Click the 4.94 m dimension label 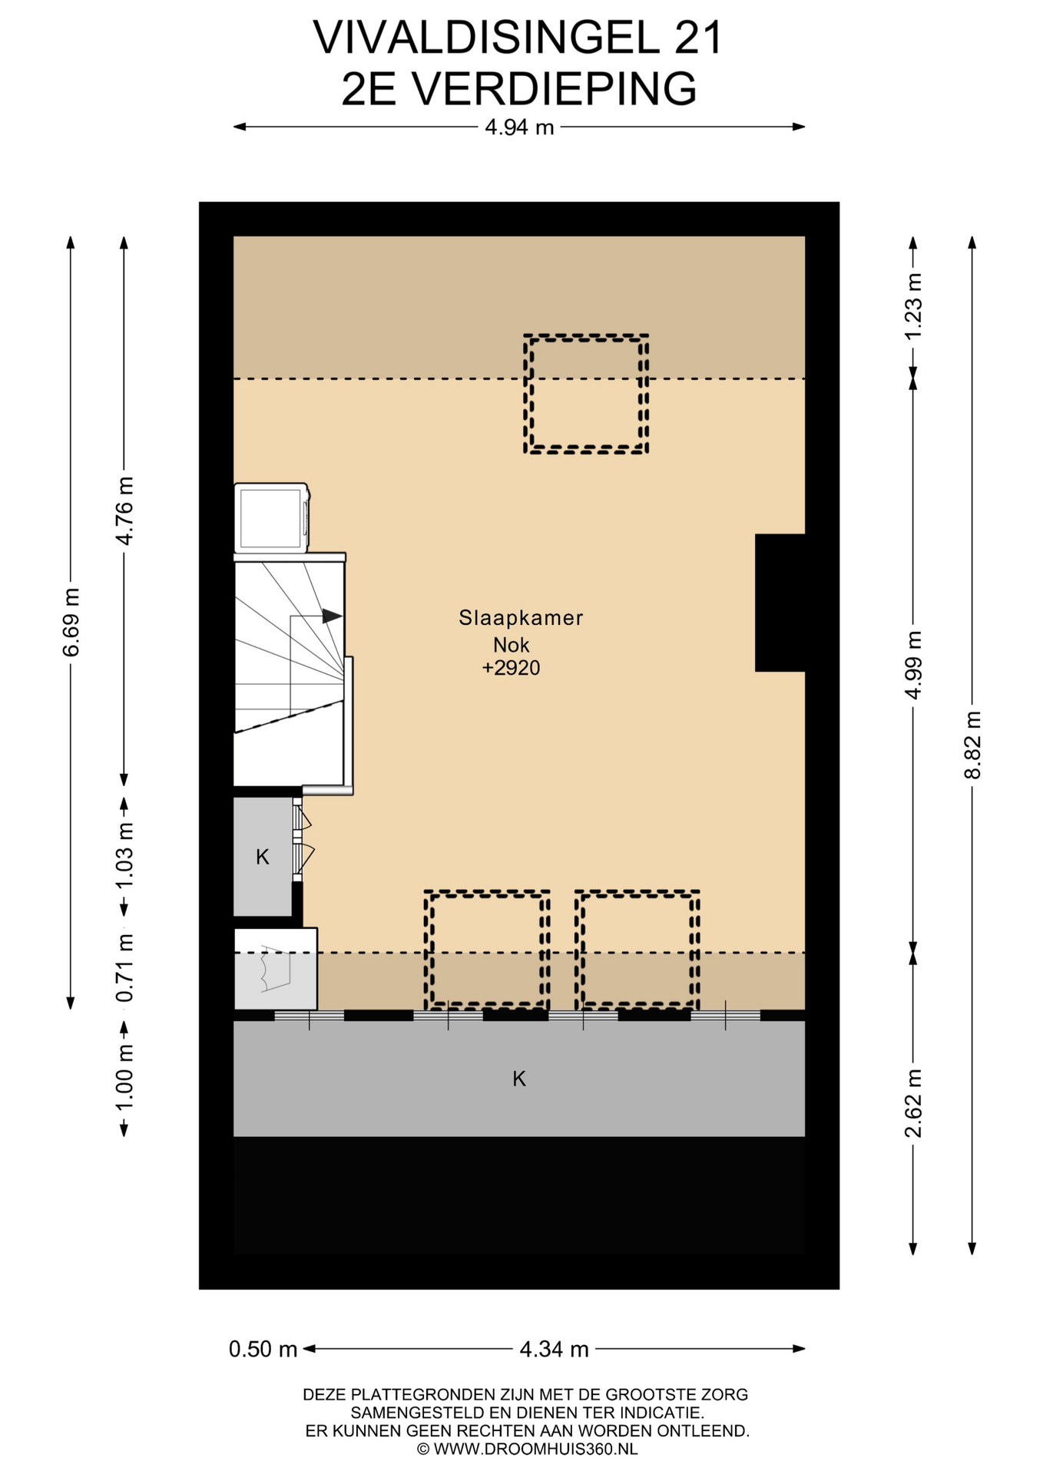coord(519,127)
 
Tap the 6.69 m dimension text coord(71,622)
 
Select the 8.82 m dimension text coord(972,744)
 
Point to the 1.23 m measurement coord(913,306)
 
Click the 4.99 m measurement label coord(913,665)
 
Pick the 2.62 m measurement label coord(913,1103)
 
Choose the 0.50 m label coord(263,1349)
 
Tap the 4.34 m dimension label coord(554,1349)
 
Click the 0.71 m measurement coord(124,967)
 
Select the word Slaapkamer coord(521,618)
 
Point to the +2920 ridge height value coord(511,668)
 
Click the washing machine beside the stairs coord(272,518)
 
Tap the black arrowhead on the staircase coord(332,616)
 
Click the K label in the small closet coord(263,857)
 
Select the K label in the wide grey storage coord(519,1079)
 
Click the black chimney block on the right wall coord(780,603)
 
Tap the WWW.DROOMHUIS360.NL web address coord(535,1449)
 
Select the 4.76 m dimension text coord(124,511)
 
